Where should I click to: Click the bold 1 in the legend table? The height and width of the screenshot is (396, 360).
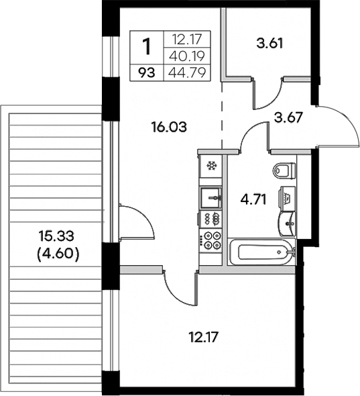[x=147, y=47]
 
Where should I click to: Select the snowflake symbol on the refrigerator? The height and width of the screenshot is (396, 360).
[x=211, y=166]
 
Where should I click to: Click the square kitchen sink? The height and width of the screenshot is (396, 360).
[x=212, y=197]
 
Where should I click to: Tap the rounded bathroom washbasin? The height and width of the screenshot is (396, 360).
[x=286, y=220]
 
